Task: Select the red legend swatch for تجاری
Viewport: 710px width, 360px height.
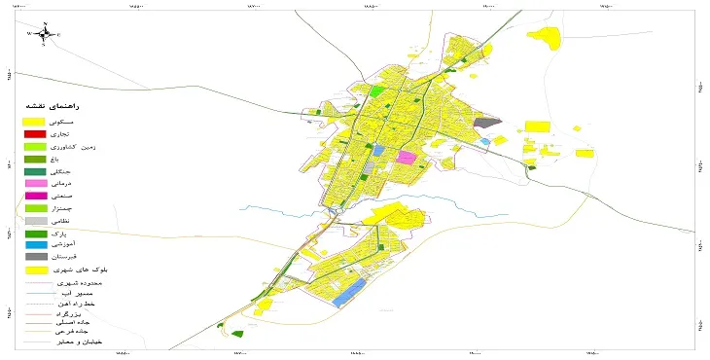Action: (x=35, y=133)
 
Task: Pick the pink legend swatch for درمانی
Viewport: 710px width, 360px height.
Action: (x=35, y=183)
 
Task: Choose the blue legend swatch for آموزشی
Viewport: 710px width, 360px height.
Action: (x=35, y=245)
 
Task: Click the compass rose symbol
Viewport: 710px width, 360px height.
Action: (x=43, y=34)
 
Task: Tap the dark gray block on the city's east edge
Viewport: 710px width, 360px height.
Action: (x=487, y=124)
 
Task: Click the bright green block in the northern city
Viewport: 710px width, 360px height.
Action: (x=378, y=91)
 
